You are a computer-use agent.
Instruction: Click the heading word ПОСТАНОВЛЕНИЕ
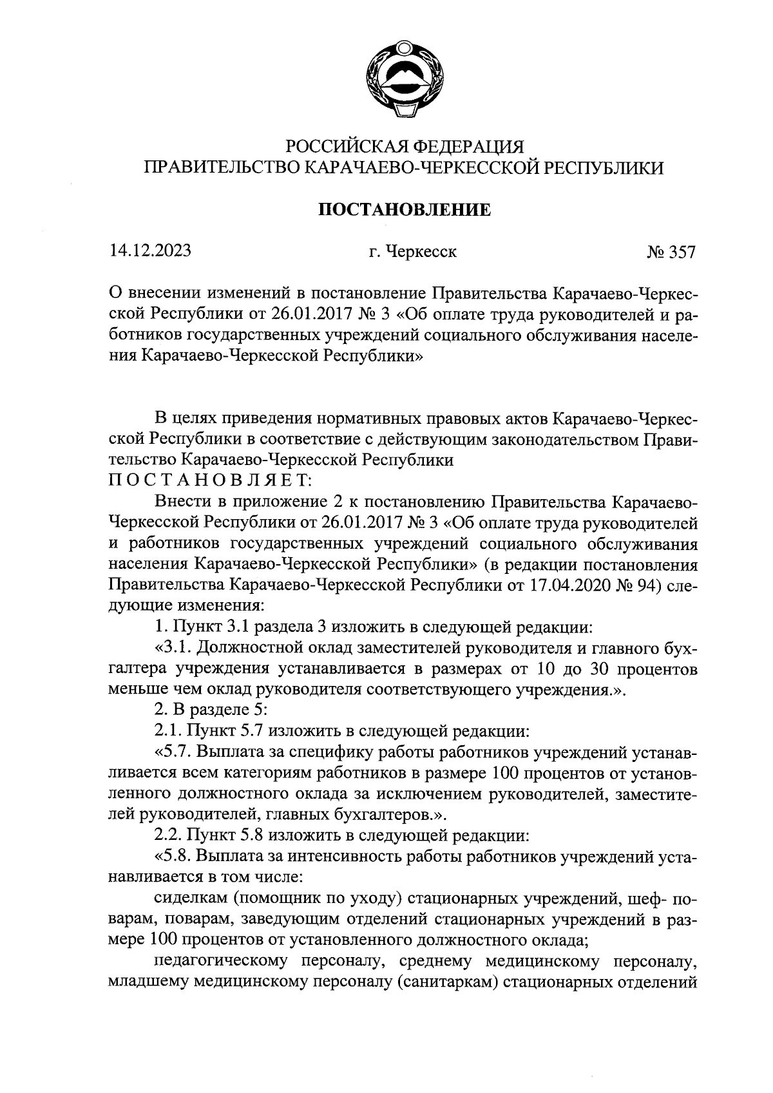point(405,209)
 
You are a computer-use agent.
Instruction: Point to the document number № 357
point(671,252)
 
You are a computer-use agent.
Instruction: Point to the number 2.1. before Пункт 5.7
point(168,731)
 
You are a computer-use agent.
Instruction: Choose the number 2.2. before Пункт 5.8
point(168,835)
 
